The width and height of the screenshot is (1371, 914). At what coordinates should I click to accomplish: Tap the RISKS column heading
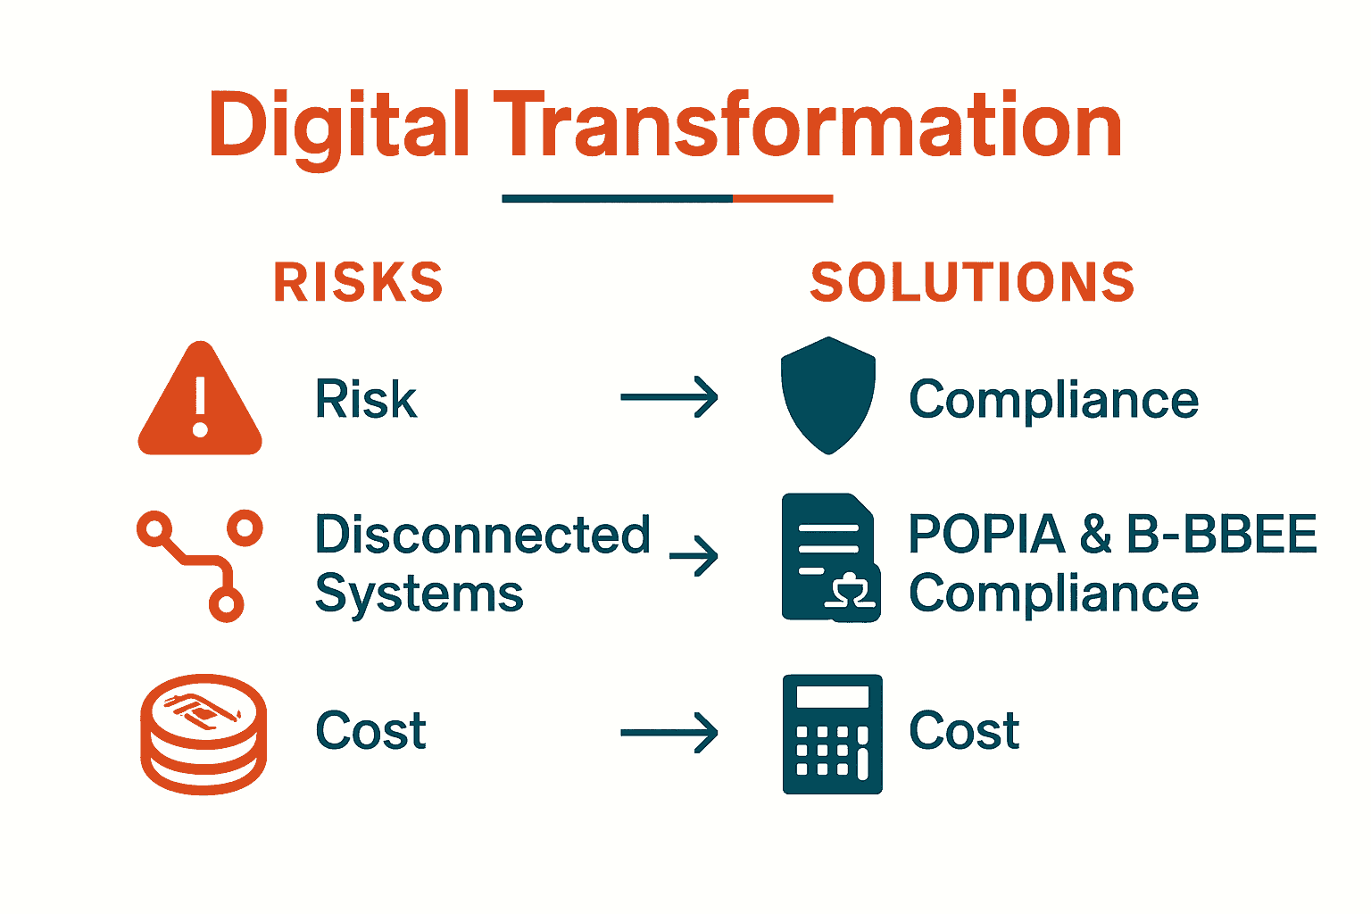pyautogui.click(x=358, y=283)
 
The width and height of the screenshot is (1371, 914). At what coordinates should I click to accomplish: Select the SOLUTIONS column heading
pyautogui.click(x=972, y=283)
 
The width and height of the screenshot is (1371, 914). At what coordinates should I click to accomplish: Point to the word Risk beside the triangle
pyautogui.click(x=366, y=399)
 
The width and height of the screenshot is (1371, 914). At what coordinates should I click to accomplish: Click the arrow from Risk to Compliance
pyautogui.click(x=669, y=398)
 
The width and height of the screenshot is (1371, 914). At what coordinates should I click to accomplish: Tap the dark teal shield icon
pyautogui.click(x=827, y=395)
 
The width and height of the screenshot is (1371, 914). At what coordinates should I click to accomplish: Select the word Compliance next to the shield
pyautogui.click(x=1053, y=399)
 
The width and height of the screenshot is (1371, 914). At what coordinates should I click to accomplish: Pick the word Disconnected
pyautogui.click(x=482, y=535)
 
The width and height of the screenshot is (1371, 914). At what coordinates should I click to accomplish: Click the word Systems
pyautogui.click(x=419, y=594)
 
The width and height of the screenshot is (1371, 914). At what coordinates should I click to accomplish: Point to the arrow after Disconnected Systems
pyautogui.click(x=694, y=556)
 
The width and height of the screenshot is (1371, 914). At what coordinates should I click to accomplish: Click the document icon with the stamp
pyautogui.click(x=829, y=558)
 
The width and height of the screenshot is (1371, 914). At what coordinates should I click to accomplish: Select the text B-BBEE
pyautogui.click(x=1221, y=535)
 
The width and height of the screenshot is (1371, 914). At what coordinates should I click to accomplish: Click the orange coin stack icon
pyautogui.click(x=204, y=734)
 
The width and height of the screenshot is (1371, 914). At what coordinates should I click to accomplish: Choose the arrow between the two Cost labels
pyautogui.click(x=669, y=734)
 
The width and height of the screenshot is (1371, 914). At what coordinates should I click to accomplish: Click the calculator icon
pyautogui.click(x=832, y=734)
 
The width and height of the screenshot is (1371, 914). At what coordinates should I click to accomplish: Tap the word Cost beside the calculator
pyautogui.click(x=964, y=731)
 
